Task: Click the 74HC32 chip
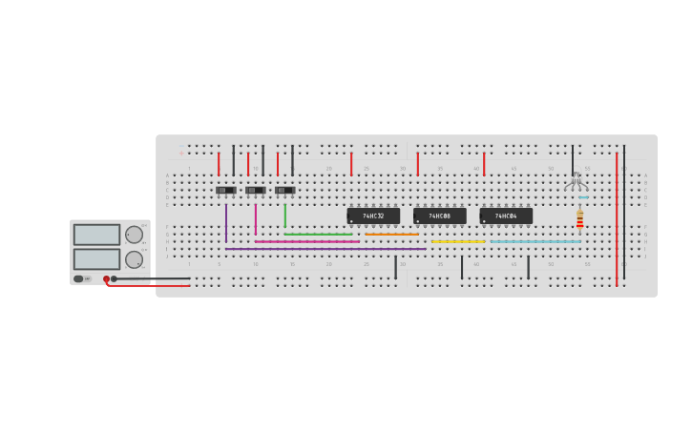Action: coord(373,216)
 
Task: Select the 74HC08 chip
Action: coord(439,216)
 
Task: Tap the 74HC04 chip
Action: coord(506,216)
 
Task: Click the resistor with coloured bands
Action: coord(579,218)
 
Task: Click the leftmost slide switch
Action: coord(225,190)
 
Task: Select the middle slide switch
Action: coord(255,190)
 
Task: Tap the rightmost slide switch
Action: coord(284,190)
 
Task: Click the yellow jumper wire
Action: coord(457,241)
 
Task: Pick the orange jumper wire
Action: coord(391,235)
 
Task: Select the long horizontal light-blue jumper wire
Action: coord(535,241)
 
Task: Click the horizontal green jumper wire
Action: coord(318,235)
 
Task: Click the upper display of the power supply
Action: coord(96,235)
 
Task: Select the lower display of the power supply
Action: coord(96,258)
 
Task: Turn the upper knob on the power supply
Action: coord(134,235)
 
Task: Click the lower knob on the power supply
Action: coord(134,259)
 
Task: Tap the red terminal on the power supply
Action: coord(106,279)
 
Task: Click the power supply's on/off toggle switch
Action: coord(82,278)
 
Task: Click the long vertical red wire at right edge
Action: coord(617,219)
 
